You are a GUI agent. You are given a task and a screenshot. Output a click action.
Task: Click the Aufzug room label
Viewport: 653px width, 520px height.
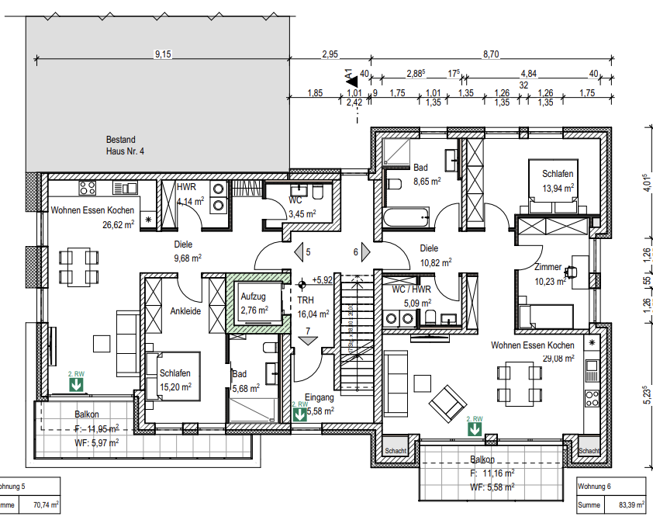point(254,297)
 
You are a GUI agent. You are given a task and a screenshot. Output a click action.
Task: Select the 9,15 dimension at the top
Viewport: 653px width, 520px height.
point(163,54)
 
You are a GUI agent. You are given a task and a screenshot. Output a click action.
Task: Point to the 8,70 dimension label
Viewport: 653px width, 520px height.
point(490,54)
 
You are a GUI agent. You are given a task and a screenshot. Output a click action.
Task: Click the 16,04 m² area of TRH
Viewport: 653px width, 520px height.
point(313,314)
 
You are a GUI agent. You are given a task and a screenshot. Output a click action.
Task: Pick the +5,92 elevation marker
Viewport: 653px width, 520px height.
point(322,279)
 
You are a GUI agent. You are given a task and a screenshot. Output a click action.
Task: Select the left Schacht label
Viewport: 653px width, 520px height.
point(396,450)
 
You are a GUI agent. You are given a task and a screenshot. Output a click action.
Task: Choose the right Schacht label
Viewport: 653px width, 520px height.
point(589,450)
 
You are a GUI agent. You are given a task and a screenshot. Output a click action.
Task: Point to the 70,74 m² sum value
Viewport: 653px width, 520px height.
point(46,505)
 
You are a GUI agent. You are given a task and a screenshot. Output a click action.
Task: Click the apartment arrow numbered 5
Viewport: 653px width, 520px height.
point(299,252)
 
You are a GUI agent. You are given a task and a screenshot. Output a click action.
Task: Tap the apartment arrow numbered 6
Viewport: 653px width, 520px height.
point(365,252)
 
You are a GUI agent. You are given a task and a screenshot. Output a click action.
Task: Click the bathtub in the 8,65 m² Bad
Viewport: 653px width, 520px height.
point(406,217)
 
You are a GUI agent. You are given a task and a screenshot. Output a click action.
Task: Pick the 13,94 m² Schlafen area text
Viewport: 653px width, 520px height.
point(558,188)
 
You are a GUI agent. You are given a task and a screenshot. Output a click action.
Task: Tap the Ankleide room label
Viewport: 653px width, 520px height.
point(186,311)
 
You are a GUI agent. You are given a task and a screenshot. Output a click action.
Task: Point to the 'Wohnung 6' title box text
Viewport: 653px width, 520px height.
point(598,487)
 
